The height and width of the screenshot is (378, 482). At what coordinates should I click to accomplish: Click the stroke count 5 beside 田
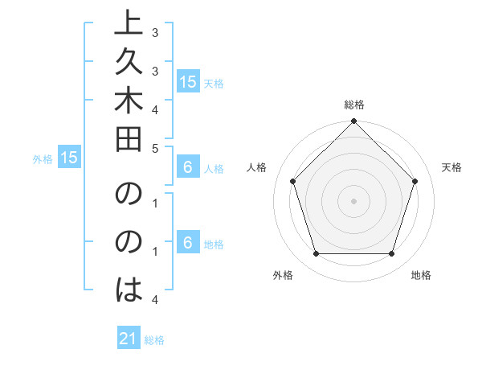(156, 148)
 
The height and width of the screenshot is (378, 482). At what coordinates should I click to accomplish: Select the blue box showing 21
(129, 339)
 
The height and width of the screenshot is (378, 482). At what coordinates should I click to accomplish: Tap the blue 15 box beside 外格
(69, 158)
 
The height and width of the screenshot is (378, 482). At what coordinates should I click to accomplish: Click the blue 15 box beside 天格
(188, 82)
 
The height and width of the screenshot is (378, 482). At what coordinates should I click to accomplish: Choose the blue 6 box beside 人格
(187, 168)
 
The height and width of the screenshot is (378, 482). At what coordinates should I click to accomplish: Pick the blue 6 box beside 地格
(187, 243)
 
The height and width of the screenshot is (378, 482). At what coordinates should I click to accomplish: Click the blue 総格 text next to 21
(154, 340)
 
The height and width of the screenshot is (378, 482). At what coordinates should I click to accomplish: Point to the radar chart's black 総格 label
(354, 105)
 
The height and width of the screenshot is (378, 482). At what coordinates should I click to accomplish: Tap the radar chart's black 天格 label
(451, 167)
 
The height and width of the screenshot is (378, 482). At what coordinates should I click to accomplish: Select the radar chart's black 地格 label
(421, 275)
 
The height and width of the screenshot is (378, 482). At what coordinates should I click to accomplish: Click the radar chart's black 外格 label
(283, 275)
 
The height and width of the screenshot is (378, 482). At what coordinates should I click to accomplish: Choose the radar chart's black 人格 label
(257, 167)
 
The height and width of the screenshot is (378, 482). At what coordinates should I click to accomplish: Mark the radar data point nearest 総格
(353, 122)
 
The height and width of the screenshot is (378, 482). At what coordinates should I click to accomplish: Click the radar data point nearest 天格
(415, 181)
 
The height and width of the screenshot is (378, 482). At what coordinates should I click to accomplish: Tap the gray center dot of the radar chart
(353, 200)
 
